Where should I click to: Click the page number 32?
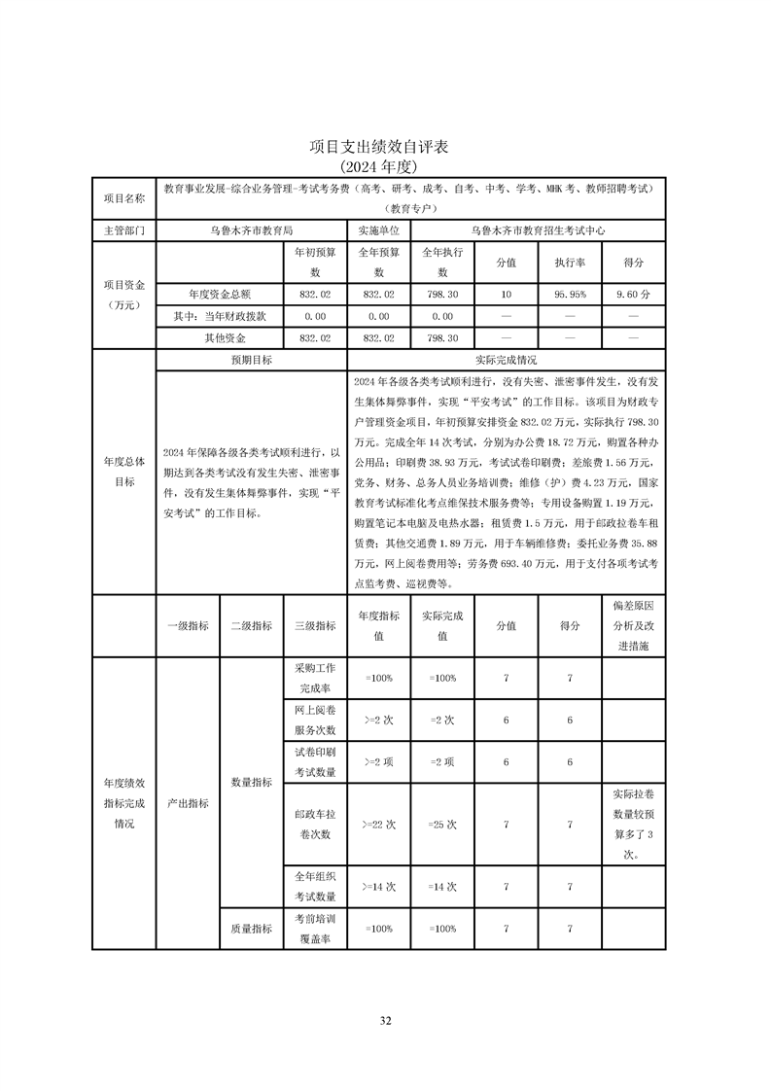[385, 1020]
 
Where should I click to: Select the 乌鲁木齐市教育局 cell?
[252, 231]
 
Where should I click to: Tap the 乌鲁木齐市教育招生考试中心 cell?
[538, 231]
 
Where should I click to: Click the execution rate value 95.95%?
[570, 294]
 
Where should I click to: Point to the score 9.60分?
[633, 294]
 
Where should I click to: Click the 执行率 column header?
[570, 263]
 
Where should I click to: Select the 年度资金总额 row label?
[220, 294]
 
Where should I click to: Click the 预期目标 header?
[251, 360]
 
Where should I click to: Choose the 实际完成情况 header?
[507, 360]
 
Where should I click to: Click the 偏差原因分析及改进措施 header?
[633, 625]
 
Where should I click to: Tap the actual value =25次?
[442, 824]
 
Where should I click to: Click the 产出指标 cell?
[188, 803]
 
